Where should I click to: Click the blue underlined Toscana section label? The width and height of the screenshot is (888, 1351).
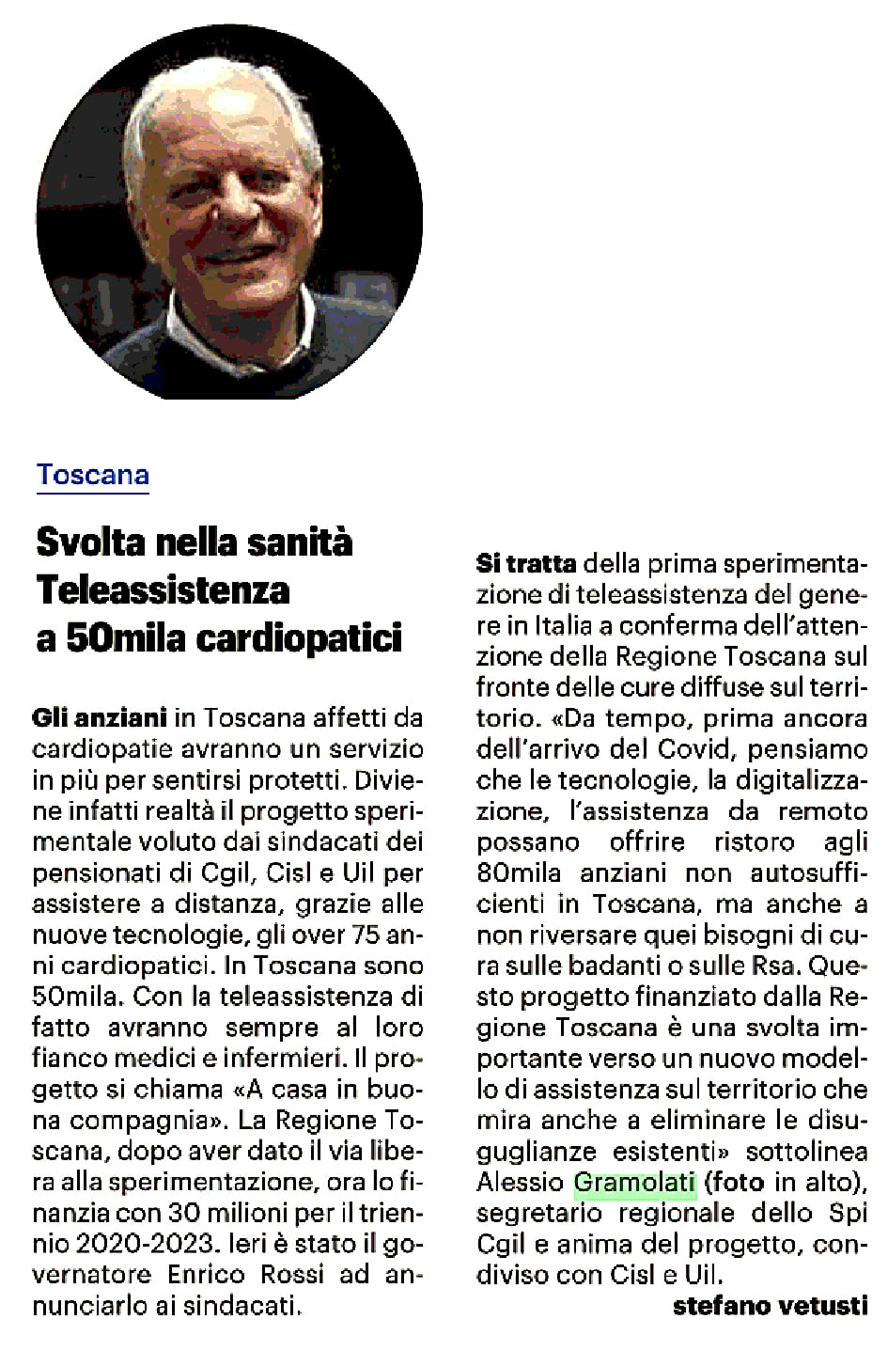[x=93, y=475]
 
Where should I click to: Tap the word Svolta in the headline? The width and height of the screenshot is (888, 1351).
[x=90, y=542]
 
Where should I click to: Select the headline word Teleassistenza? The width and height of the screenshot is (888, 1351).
[x=163, y=590]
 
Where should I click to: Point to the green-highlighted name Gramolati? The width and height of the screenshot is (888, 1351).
[x=634, y=1183]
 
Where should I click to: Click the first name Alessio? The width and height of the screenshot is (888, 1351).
[x=521, y=1183]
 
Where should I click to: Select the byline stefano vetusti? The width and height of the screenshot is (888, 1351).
[x=770, y=1306]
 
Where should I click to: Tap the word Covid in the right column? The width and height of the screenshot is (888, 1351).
[x=708, y=749]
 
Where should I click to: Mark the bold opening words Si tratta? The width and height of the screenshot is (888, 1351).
[x=526, y=564]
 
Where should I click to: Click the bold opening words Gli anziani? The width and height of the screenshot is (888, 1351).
[x=100, y=718]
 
